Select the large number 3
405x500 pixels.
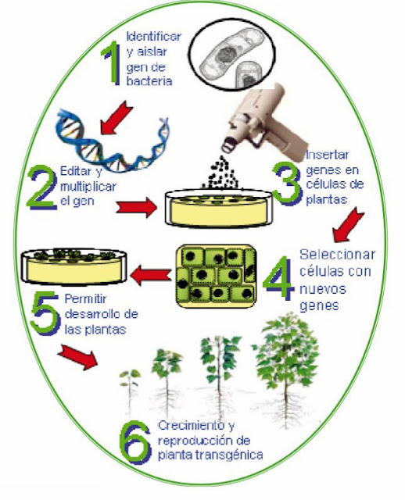(287, 184)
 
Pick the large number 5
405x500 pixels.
(45, 314)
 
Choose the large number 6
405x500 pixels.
(135, 443)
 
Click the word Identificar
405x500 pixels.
(154, 37)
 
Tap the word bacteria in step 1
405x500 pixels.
(149, 80)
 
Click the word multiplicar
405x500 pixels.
(88, 187)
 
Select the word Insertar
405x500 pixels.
(327, 155)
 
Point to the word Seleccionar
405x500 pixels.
(337, 255)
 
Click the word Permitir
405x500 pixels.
(85, 299)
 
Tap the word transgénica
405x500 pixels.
(229, 455)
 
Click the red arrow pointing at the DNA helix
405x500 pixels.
(116, 116)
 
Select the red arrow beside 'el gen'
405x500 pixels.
(137, 207)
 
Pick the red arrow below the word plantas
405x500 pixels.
(348, 224)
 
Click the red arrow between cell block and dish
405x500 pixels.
(151, 276)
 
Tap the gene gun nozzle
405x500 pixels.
(229, 145)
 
